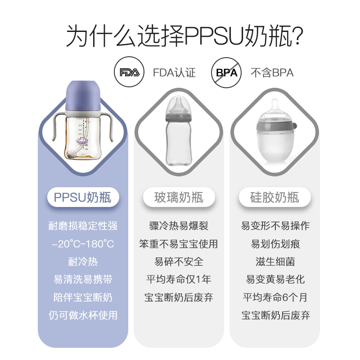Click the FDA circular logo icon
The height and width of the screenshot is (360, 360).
coord(129,72)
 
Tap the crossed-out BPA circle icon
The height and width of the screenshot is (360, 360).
coord(226,72)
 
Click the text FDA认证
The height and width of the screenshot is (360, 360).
coord(174,73)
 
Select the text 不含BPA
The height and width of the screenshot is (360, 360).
coord(272,73)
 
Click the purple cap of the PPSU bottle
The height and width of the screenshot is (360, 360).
coord(83,94)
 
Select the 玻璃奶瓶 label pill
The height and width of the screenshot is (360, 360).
coord(179,197)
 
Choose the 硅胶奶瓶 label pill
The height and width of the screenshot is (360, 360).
coord(274,197)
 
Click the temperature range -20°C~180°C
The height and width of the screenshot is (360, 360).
coord(83,244)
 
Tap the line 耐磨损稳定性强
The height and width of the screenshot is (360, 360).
coord(83,226)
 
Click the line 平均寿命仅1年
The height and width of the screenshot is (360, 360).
coord(179,279)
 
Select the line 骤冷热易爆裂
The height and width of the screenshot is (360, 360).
coord(179,226)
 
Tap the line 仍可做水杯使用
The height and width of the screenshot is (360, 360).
coord(83,315)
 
